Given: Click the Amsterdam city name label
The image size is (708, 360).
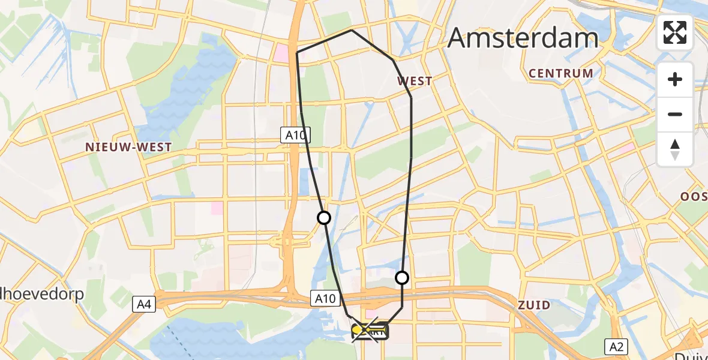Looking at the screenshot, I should pyautogui.click(x=523, y=38).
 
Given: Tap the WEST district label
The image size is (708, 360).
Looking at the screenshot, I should pyautogui.click(x=415, y=81).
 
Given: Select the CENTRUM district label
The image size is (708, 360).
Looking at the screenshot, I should pyautogui.click(x=560, y=73).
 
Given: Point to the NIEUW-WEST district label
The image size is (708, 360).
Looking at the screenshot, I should pyautogui.click(x=128, y=147).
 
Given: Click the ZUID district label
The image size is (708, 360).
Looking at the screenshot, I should pyautogui.click(x=534, y=305).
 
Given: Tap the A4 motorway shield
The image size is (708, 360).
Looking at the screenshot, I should pyautogui.click(x=144, y=305).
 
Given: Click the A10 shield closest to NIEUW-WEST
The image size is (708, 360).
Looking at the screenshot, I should pyautogui.click(x=295, y=136).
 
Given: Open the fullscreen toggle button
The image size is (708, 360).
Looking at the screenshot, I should pyautogui.click(x=675, y=32).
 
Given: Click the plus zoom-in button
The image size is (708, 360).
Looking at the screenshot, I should pyautogui.click(x=675, y=79).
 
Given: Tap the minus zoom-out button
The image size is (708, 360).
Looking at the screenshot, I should pyautogui.click(x=675, y=114).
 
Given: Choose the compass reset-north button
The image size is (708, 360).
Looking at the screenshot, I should pyautogui.click(x=675, y=149).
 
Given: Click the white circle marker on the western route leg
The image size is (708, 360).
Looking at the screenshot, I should pyautogui.click(x=324, y=218).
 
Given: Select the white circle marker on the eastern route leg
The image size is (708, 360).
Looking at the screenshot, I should pyautogui.click(x=402, y=278).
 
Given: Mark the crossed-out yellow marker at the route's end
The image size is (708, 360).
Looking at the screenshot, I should pyautogui.click(x=365, y=329).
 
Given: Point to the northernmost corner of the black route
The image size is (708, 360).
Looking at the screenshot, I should pyautogui.click(x=351, y=30).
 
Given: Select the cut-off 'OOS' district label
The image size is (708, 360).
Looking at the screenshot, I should pyautogui.click(x=694, y=196).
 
